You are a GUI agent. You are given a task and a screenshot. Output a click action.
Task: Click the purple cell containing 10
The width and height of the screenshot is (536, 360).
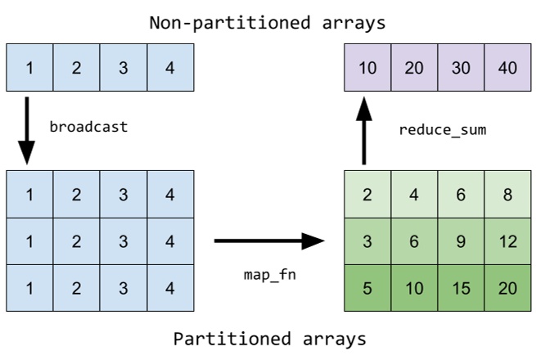click(x=367, y=67)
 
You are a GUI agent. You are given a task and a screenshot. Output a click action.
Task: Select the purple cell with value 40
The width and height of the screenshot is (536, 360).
click(x=507, y=67)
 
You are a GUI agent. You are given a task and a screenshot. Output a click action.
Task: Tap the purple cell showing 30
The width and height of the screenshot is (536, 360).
click(x=461, y=67)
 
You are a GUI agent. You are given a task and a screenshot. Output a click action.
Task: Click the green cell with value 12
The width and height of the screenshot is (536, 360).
click(x=507, y=241)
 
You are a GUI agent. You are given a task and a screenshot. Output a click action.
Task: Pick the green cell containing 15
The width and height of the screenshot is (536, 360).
click(x=461, y=289)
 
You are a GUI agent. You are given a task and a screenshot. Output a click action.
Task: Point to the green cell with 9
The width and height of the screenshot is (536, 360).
click(x=461, y=241)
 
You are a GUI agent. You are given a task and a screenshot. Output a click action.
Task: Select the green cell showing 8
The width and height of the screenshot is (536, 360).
click(x=507, y=195)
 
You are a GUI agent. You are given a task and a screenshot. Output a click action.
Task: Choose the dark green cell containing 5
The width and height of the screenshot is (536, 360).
click(x=367, y=289)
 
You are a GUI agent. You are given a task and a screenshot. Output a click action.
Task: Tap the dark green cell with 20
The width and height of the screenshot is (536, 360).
click(x=507, y=289)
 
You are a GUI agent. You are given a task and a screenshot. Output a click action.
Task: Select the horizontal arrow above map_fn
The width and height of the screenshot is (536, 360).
click(x=269, y=241)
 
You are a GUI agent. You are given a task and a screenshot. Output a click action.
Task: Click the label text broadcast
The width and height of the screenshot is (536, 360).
click(x=88, y=128)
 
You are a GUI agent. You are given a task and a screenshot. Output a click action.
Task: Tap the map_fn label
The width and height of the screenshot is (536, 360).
click(x=269, y=274)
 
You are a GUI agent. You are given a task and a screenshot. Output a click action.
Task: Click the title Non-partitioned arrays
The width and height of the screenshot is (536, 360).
click(x=267, y=22)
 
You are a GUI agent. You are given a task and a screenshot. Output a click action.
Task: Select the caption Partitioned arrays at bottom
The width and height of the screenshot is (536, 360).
click(x=269, y=338)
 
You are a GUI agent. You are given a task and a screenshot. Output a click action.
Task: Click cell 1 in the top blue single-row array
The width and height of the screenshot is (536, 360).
click(x=29, y=67)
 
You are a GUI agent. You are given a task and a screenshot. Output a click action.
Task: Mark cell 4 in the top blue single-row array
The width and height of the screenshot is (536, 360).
click(x=169, y=67)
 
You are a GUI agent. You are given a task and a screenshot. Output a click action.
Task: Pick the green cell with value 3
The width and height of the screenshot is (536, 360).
click(x=367, y=241)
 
